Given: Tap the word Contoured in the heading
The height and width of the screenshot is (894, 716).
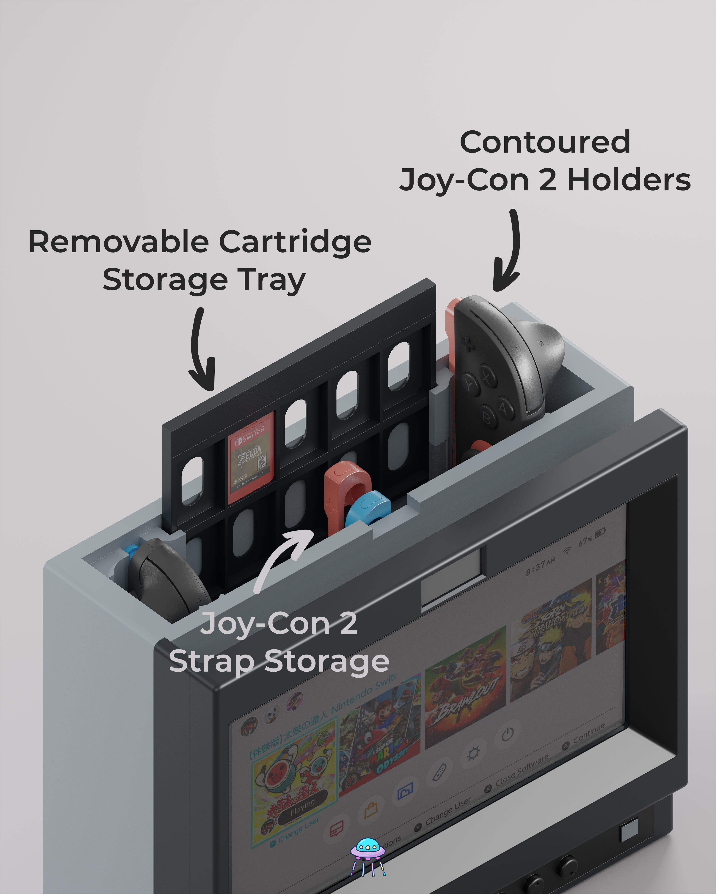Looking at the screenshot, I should pos(545,142).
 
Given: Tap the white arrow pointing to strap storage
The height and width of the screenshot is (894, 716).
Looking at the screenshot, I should pos(282,558).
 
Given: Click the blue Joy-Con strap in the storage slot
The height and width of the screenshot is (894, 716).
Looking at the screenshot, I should pos(367,508).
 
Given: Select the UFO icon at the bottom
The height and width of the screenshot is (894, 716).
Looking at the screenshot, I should pos(367,855).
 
